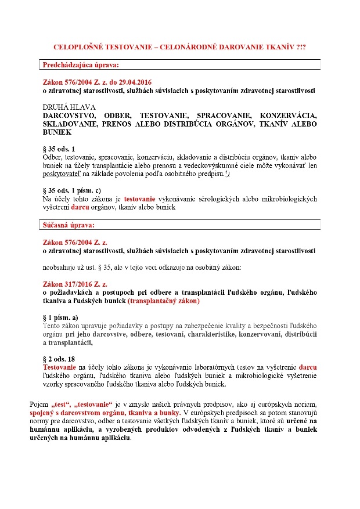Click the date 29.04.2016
click(x=134, y=82)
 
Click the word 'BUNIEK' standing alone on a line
click(x=57, y=133)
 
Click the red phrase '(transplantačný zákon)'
click(x=164, y=302)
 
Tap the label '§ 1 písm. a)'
click(x=61, y=318)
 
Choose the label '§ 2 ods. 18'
click(x=59, y=359)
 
